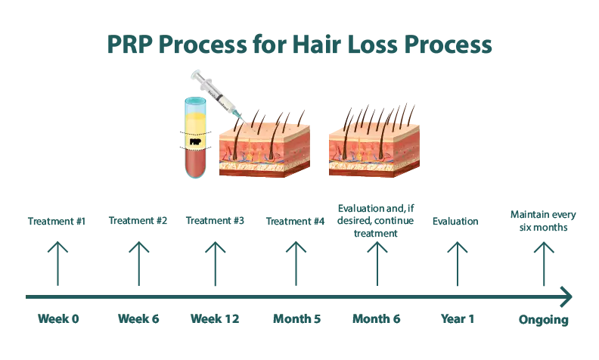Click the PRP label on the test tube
point(195,140)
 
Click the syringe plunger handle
point(197,74)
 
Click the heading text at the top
point(261,45)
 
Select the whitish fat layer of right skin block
point(367,168)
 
